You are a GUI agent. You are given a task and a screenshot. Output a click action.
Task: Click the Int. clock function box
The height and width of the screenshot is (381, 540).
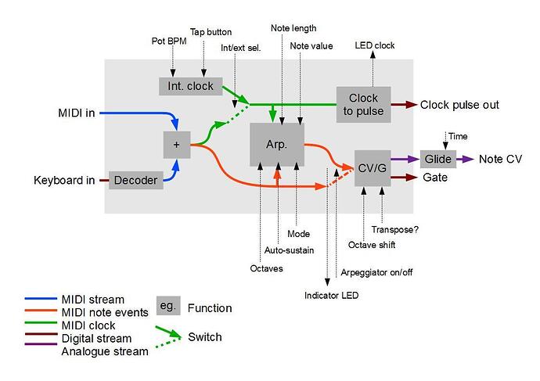tap(190, 85)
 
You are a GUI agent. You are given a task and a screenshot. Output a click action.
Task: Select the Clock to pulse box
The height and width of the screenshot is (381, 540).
tap(363, 104)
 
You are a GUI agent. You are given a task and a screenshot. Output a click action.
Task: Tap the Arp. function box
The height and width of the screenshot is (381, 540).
tap(276, 144)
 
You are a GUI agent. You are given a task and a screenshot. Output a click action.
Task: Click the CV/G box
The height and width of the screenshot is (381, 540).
tap(371, 167)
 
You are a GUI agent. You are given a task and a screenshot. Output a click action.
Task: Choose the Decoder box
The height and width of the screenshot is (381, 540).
tap(135, 181)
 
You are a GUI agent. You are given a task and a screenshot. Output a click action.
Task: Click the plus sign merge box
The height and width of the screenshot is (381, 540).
tap(176, 145)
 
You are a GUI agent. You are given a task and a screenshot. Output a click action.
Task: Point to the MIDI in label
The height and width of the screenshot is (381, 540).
tap(77, 113)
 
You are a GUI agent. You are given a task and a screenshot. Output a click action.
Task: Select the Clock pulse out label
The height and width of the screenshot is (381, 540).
tap(459, 105)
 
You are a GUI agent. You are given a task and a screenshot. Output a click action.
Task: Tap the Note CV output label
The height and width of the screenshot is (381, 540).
tap(500, 160)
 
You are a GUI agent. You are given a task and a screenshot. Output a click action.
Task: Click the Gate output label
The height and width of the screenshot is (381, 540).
tap(435, 178)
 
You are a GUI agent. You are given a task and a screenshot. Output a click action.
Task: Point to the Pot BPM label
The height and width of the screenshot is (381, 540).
tap(170, 41)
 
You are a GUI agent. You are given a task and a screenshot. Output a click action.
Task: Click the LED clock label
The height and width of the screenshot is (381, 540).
tap(374, 46)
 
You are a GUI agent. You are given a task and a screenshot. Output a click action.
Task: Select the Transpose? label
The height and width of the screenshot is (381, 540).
tap(395, 229)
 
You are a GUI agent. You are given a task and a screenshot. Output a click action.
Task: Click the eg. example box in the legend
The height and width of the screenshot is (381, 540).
tap(168, 307)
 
